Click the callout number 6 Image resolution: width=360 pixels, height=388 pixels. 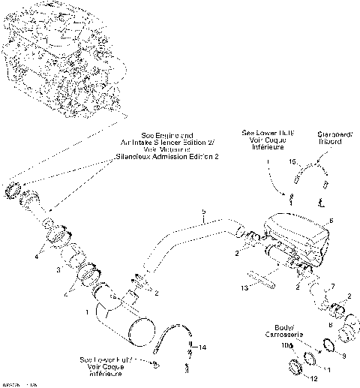tap(329, 222)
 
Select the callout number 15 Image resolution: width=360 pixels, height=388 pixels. tap(293, 161)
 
